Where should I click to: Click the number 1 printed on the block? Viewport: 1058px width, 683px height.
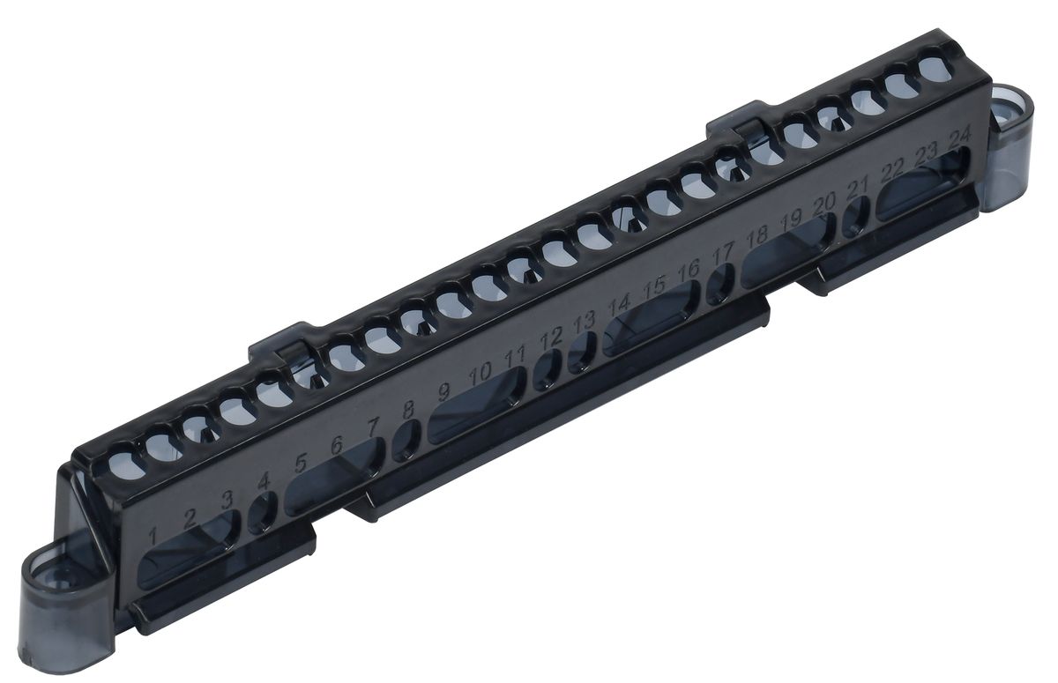[153, 536]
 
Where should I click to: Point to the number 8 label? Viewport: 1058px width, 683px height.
[408, 410]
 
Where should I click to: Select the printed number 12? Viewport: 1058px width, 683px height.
[551, 338]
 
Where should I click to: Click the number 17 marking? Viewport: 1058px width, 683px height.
[722, 255]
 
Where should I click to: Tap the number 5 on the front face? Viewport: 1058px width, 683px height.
[301, 463]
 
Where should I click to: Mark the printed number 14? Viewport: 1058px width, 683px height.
[619, 306]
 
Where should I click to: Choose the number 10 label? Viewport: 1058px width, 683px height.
[481, 374]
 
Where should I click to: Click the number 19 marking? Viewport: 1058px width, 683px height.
[791, 221]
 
